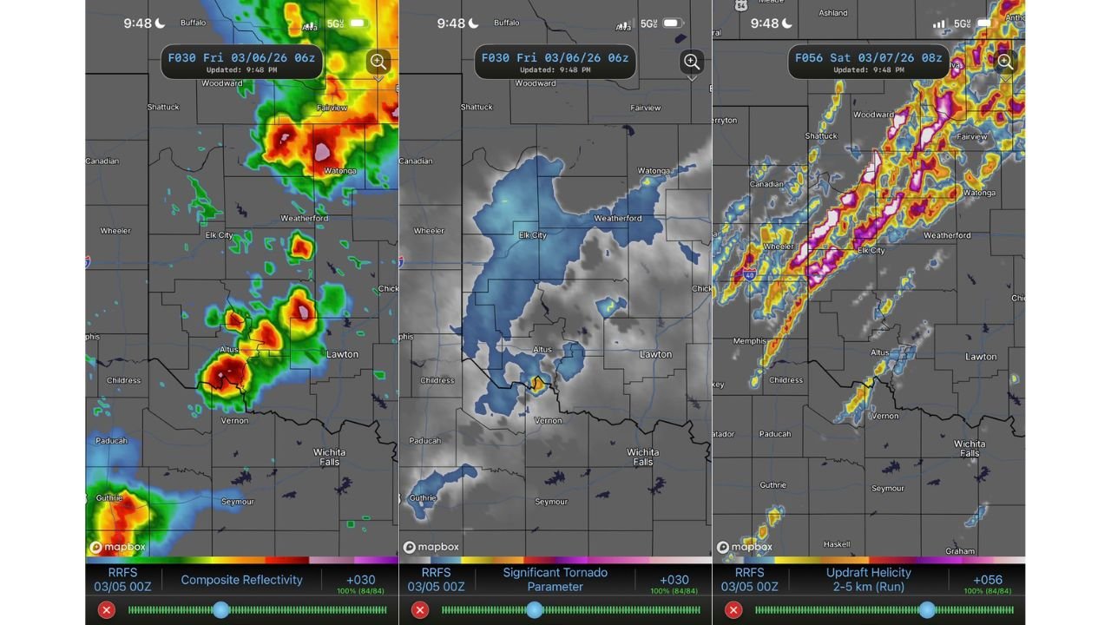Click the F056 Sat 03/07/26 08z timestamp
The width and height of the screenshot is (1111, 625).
point(869,58)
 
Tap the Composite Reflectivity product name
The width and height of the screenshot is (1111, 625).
point(241,580)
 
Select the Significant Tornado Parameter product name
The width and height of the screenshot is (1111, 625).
point(555,580)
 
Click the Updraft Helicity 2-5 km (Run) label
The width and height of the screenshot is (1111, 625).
point(868,580)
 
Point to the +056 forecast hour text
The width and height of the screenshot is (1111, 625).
point(988,580)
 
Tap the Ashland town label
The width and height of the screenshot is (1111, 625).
point(832,13)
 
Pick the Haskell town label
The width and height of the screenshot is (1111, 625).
point(837,544)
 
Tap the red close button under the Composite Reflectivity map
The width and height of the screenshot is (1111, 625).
point(106,610)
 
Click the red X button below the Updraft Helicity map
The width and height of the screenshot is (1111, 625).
point(733,610)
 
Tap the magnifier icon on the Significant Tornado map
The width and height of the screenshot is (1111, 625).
point(692,62)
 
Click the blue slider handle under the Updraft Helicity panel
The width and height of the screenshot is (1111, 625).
point(927,610)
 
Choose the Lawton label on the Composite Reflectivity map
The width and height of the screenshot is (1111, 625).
point(342,354)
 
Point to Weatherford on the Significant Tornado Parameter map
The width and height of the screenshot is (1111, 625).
point(618,218)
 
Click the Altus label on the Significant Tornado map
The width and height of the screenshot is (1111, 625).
point(542,350)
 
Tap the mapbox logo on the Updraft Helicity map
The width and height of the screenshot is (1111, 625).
point(745,547)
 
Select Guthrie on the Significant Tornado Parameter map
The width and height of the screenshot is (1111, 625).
point(423,497)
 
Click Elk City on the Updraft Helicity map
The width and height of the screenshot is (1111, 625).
point(871,251)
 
